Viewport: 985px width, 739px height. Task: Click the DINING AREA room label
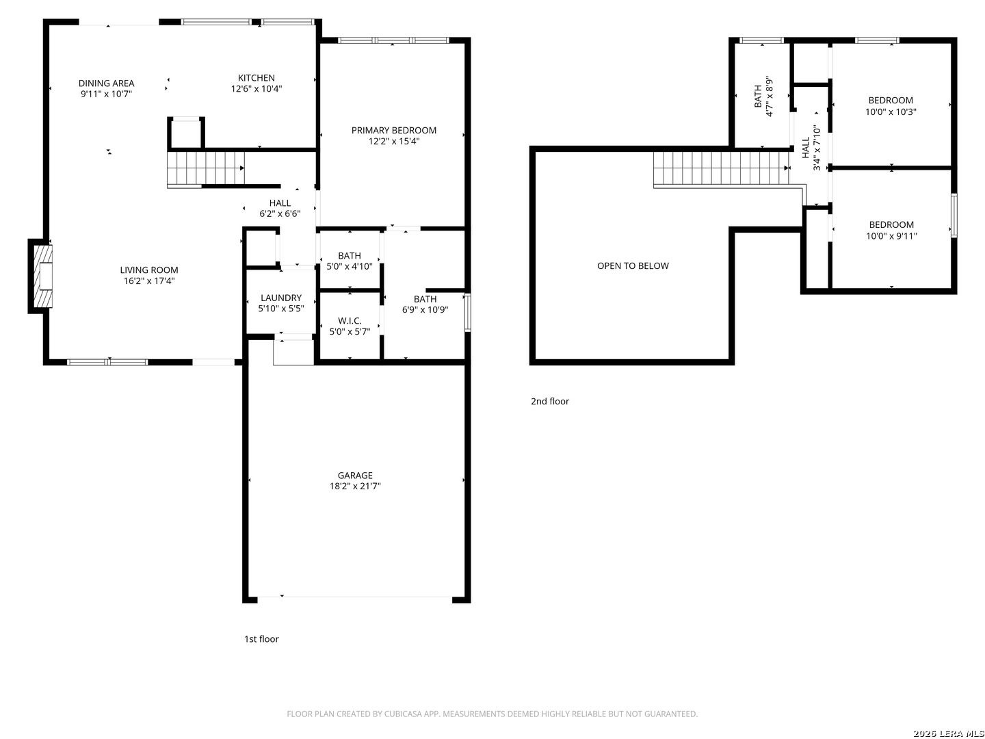pos(106,83)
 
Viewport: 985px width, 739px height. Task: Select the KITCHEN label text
pos(257,78)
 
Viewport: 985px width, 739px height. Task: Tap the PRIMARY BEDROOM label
pos(393,130)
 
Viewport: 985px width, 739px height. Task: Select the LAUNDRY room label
pos(280,298)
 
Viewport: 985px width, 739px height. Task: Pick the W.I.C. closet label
pos(350,321)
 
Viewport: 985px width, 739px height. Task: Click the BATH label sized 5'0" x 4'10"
pos(350,256)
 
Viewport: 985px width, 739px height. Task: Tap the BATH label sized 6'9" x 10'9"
pos(425,299)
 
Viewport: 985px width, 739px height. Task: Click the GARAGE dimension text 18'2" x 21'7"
pos(355,487)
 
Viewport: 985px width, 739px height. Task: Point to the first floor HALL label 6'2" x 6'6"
pos(280,203)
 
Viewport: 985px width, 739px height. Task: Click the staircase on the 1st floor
pos(206,168)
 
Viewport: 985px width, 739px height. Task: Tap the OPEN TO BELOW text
pos(633,265)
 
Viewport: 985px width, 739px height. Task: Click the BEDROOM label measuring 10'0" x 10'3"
pos(891,101)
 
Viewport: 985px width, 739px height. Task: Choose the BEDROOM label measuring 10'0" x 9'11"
pos(891,224)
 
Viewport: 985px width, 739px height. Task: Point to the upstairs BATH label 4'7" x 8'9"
pos(758,96)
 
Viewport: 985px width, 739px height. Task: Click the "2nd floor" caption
pos(550,402)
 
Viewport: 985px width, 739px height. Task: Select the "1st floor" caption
pos(261,639)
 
